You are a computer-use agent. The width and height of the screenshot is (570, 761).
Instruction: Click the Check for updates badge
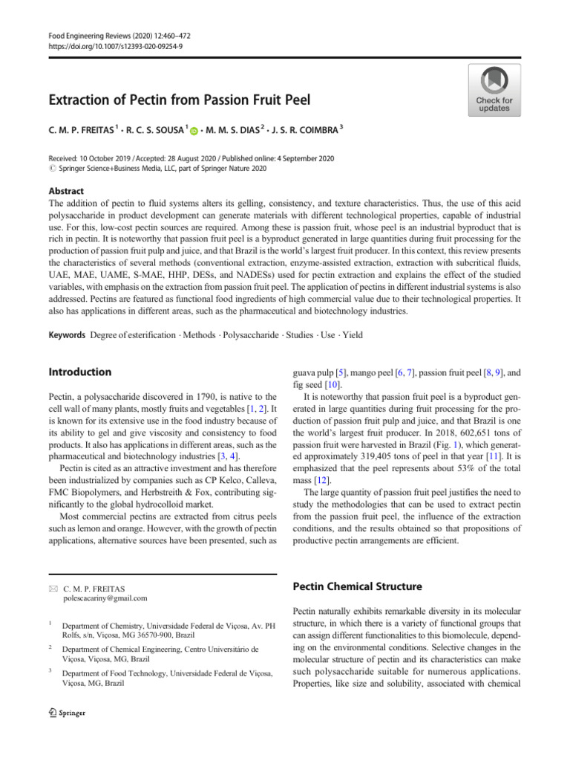pyautogui.click(x=494, y=89)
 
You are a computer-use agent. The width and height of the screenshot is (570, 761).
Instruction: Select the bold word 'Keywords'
pyautogui.click(x=66, y=334)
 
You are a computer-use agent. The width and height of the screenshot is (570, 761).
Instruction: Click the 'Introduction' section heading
pyautogui.click(x=79, y=372)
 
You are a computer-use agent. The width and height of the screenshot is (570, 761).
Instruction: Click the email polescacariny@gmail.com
pyautogui.click(x=105, y=598)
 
